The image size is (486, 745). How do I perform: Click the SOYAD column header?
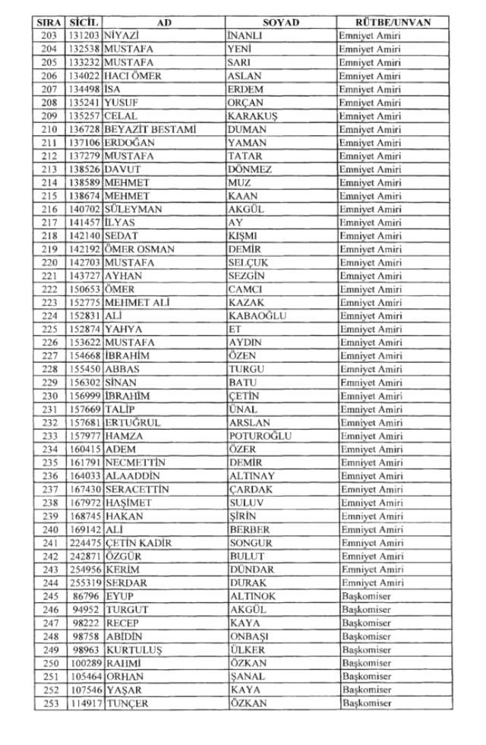pos(280,22)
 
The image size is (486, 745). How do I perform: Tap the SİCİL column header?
pos(83,22)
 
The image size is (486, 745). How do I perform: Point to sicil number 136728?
pos(84,129)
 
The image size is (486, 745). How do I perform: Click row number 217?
pos(50,223)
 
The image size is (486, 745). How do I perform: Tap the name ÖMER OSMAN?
pos(140,249)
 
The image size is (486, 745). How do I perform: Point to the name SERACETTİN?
pos(137,489)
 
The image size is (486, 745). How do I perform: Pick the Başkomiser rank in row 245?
pos(366,596)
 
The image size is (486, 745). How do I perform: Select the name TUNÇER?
pos(125,703)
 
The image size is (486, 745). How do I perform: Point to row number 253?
pos(50,703)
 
